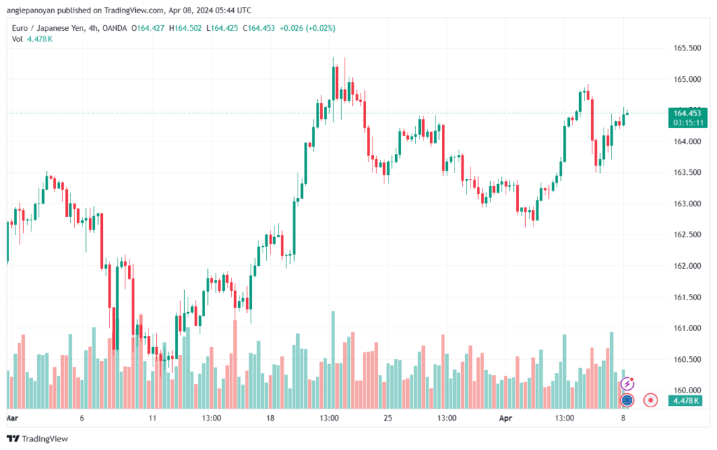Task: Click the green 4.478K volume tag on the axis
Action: pyautogui.click(x=684, y=401)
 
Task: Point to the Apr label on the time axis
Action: pyautogui.click(x=506, y=418)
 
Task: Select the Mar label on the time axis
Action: pyautogui.click(x=11, y=418)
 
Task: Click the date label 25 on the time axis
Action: pyautogui.click(x=387, y=418)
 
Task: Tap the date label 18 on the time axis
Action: pyautogui.click(x=271, y=418)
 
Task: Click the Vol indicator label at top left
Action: pyautogui.click(x=18, y=39)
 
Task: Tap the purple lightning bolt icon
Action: pyautogui.click(x=628, y=384)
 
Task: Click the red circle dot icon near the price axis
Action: pyautogui.click(x=651, y=400)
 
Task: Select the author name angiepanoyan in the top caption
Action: pyautogui.click(x=30, y=10)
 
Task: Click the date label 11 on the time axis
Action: pyautogui.click(x=153, y=418)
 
